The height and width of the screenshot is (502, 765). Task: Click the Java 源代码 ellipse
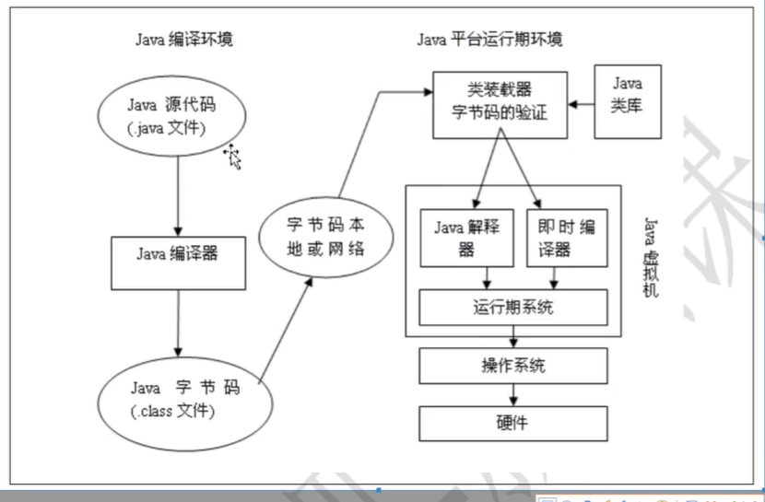(171, 115)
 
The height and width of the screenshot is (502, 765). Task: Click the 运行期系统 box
(513, 308)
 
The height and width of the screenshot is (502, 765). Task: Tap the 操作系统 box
(513, 366)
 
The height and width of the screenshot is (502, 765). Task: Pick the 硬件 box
(513, 422)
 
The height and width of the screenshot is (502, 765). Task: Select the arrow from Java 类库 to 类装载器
(582, 103)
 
